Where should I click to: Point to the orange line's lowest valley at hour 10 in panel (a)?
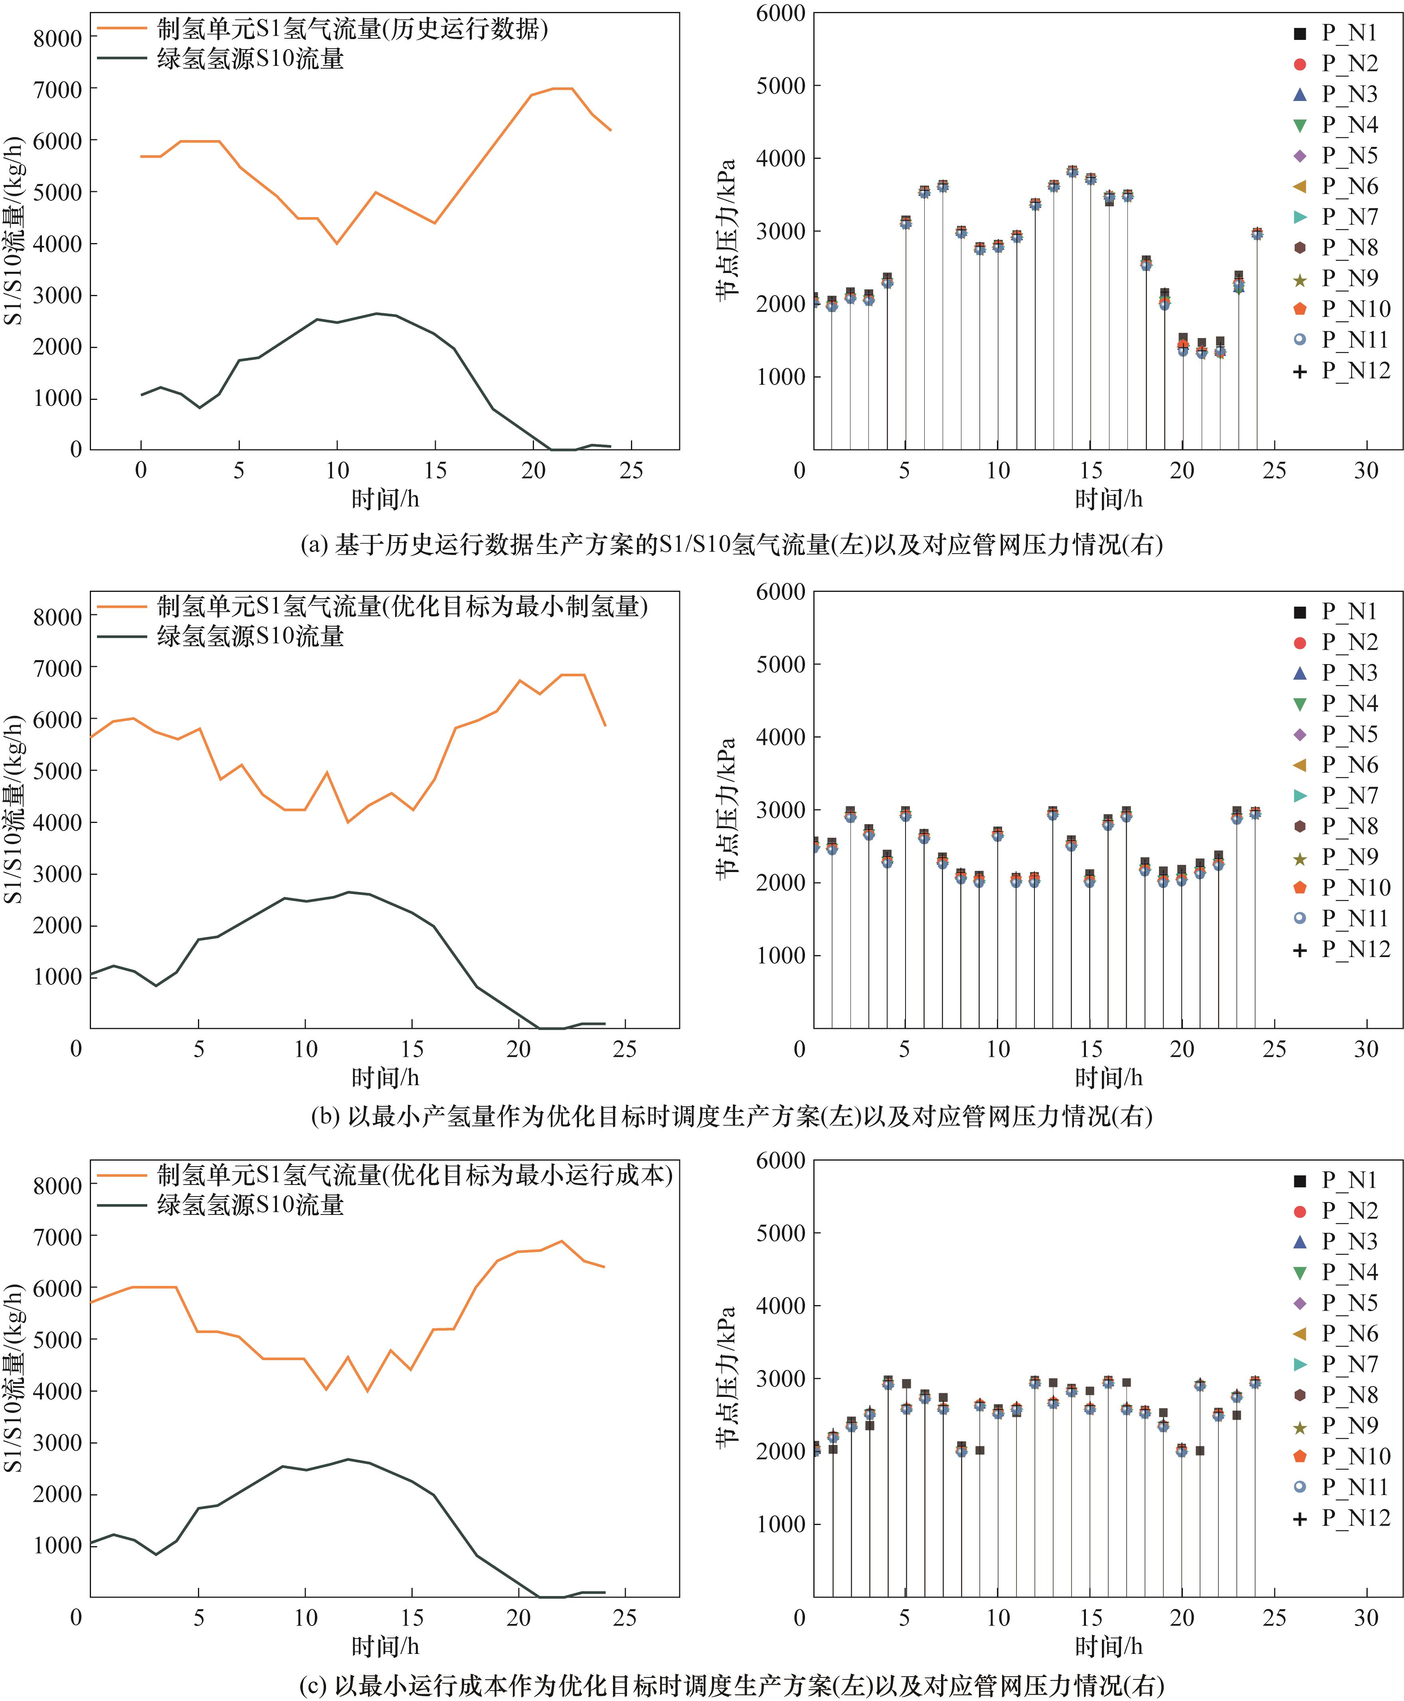(x=337, y=243)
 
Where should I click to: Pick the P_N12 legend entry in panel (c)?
(x=1343, y=1518)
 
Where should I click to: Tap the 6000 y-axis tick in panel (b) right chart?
(x=781, y=592)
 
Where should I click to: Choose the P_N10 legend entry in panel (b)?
(x=1343, y=887)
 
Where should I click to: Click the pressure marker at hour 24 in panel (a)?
(x=1257, y=233)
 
